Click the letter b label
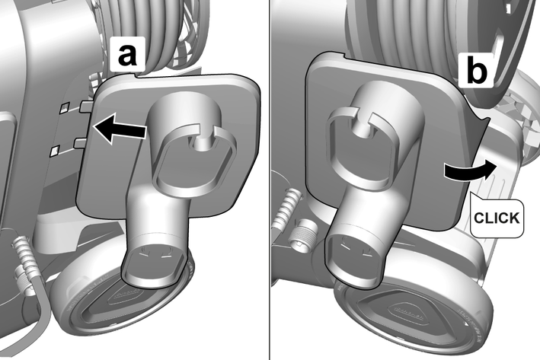pos(477,72)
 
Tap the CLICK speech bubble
pos(497,217)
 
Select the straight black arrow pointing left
pos(120,129)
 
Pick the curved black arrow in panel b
pos(470,170)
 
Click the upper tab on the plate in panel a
pos(86,107)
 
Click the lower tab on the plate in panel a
pos(81,143)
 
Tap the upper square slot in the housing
pos(65,107)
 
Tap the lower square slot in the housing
pos(55,151)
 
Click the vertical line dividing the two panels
pos(270,180)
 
